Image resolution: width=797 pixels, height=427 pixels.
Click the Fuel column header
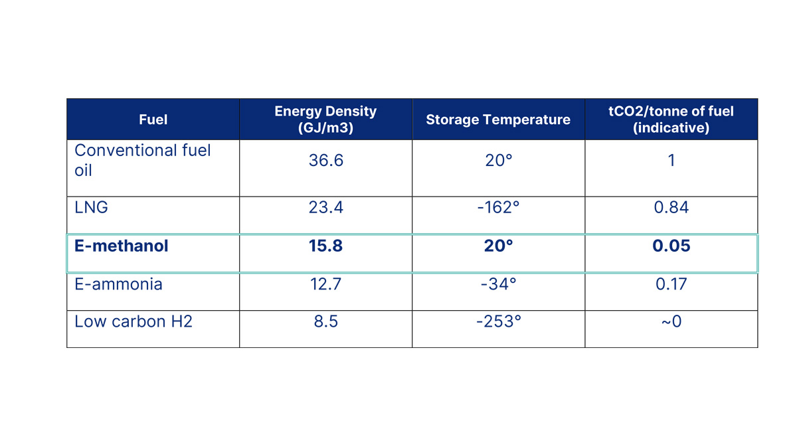click(x=153, y=120)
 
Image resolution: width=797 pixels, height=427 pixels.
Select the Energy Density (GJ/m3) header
click(x=325, y=120)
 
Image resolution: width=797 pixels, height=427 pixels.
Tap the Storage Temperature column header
click(x=498, y=120)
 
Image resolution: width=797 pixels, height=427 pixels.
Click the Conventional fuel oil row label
click(x=142, y=160)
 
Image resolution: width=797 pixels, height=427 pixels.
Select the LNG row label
click(x=91, y=207)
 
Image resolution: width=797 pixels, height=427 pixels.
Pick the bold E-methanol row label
click(x=122, y=246)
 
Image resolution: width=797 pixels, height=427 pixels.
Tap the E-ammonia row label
click(x=118, y=284)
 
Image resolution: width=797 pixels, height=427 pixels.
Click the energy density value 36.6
click(x=325, y=160)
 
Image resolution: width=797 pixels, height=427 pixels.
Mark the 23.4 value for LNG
click(x=325, y=207)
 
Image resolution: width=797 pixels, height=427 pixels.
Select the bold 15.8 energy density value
click(x=325, y=246)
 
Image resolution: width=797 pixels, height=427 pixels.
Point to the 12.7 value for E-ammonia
click(x=325, y=284)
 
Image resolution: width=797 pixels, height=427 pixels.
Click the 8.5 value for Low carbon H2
click(x=325, y=321)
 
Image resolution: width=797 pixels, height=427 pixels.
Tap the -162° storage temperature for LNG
click(x=498, y=207)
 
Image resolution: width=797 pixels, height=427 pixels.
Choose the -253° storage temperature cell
click(x=498, y=321)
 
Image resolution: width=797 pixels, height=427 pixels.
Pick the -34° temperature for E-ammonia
click(x=498, y=284)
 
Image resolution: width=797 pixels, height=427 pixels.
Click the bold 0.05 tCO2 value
click(x=671, y=246)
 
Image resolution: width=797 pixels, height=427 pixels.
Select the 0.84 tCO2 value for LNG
click(x=671, y=207)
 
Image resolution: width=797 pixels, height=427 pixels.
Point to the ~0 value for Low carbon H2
click(x=671, y=321)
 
